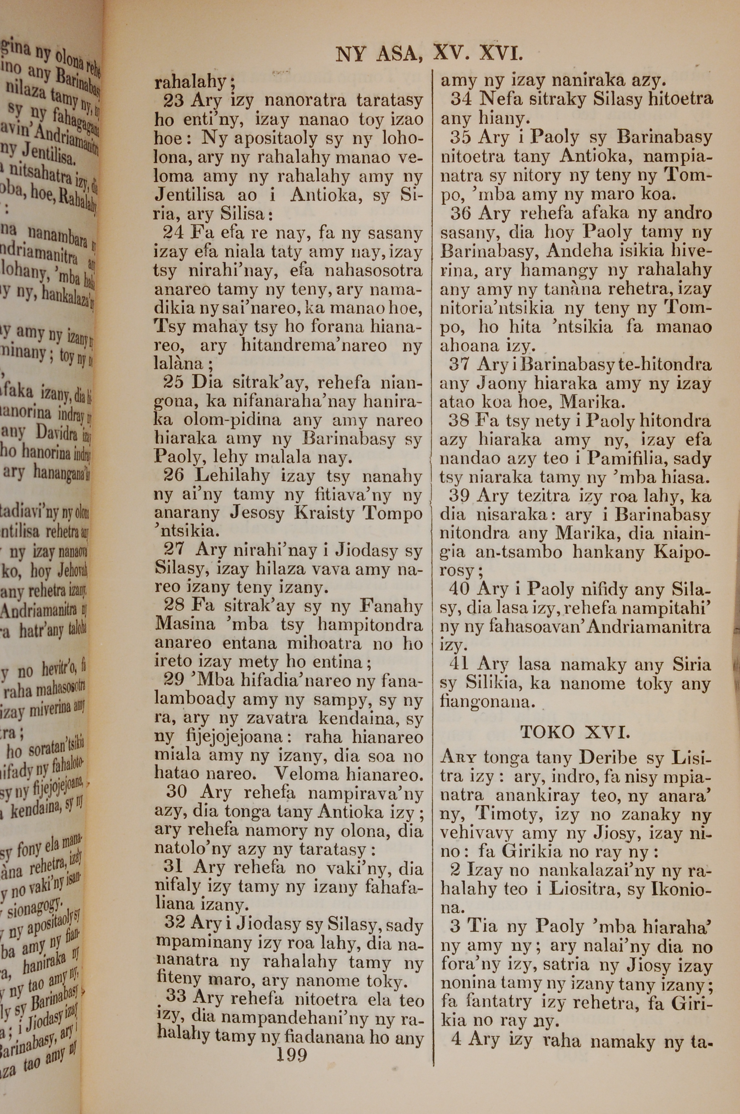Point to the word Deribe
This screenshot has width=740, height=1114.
click(x=609, y=757)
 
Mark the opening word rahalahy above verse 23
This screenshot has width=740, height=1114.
click(x=190, y=82)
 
